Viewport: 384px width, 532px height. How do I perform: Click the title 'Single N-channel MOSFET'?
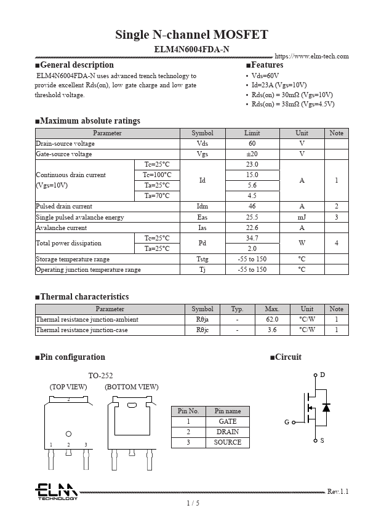[191, 34]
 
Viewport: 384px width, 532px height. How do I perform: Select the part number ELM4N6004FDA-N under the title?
[191, 49]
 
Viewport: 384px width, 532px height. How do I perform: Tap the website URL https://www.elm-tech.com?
[311, 57]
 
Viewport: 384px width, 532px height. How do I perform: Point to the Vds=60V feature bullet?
[265, 76]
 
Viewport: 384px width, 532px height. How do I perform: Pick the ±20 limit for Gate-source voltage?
[252, 154]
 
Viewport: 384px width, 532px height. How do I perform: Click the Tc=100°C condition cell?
[157, 175]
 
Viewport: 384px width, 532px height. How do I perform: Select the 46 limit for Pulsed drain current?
[252, 207]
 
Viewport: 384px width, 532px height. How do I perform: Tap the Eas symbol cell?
[202, 217]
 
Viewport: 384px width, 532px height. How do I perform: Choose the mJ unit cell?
[302, 217]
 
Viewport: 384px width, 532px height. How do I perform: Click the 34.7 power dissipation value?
[252, 238]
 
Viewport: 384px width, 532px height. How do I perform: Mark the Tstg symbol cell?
[202, 259]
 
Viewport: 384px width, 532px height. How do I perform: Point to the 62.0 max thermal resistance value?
[272, 320]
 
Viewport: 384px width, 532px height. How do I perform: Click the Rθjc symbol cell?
[202, 330]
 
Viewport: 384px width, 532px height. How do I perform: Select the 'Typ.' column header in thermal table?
[237, 309]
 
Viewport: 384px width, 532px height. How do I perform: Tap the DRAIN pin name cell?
[227, 432]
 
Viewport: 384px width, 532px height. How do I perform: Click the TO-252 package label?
[100, 376]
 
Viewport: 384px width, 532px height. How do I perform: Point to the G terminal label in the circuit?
[287, 423]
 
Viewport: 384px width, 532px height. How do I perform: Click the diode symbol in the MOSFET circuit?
[326, 408]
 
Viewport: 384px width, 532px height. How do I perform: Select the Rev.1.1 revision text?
[338, 491]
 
